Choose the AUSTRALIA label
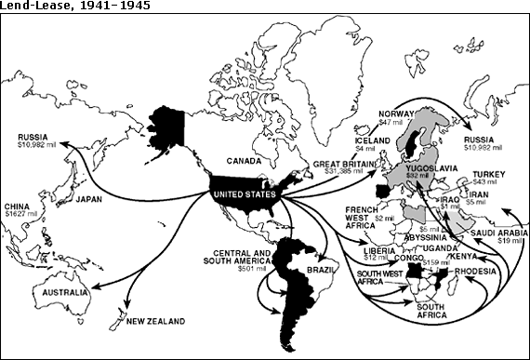click(x=58, y=291)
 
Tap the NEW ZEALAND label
click(x=156, y=321)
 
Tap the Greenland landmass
click(x=321, y=65)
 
